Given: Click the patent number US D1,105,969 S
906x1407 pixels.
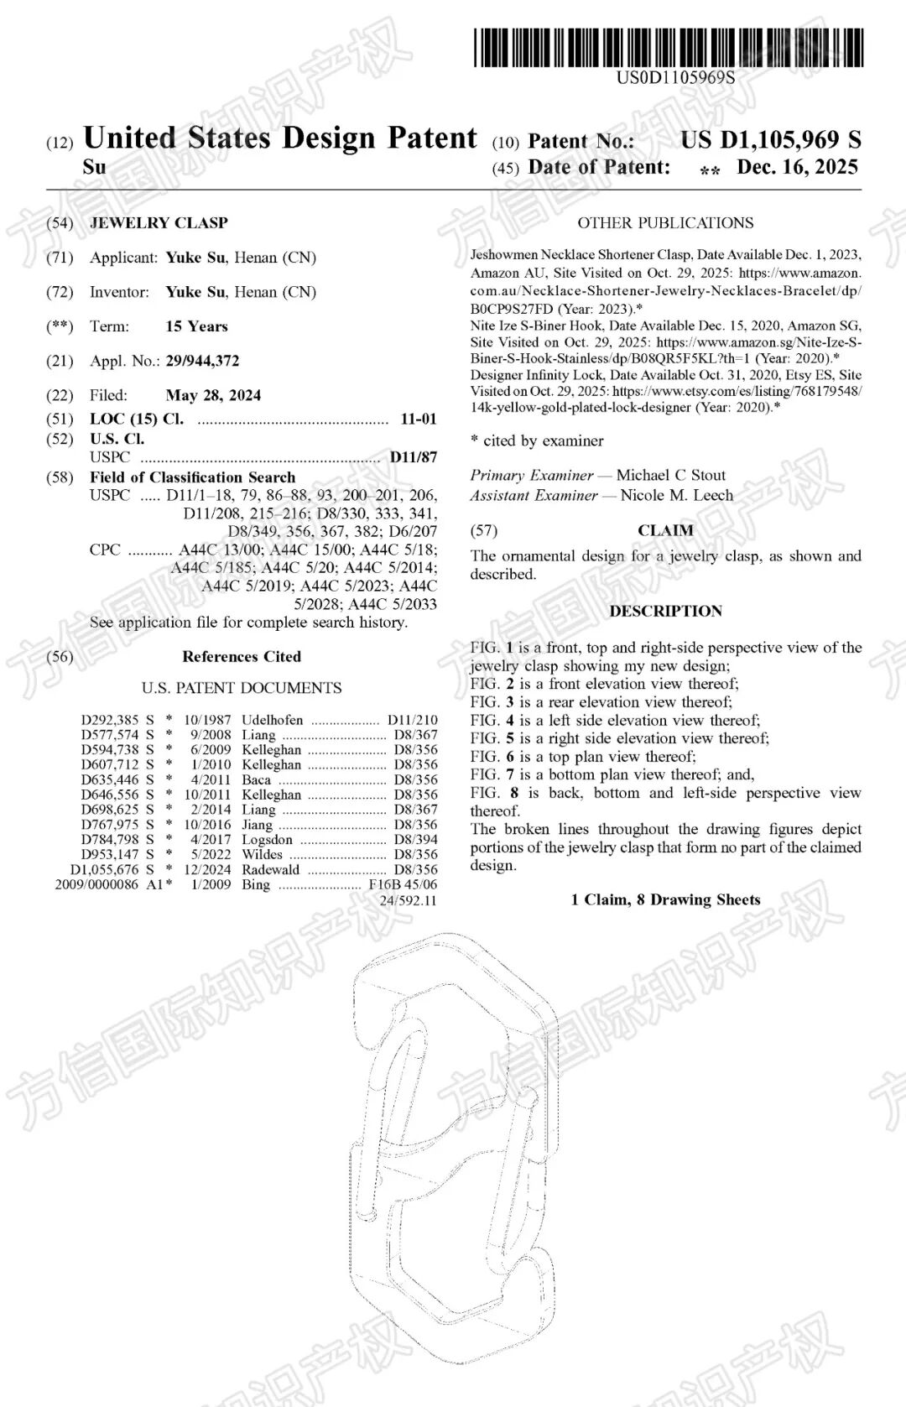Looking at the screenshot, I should tap(770, 140).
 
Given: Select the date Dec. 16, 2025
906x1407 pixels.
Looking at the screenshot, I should tap(797, 167).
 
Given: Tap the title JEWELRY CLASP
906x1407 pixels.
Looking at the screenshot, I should tap(159, 223).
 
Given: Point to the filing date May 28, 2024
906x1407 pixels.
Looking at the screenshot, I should tap(213, 395).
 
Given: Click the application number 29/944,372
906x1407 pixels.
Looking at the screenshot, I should tap(202, 361).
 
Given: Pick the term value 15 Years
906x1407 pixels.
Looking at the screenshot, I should tap(196, 326).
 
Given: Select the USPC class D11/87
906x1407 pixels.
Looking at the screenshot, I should tap(414, 457).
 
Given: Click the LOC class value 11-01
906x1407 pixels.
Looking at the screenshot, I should tap(419, 419).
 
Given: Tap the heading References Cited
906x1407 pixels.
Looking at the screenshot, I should tap(242, 657).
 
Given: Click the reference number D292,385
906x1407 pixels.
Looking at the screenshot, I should tap(110, 720).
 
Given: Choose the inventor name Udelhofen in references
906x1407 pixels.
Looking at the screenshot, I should tap(273, 720).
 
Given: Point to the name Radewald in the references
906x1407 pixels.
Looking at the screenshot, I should tap(270, 869).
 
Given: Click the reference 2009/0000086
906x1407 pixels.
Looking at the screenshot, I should tap(96, 884).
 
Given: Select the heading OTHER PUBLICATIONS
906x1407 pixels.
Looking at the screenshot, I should tap(665, 223).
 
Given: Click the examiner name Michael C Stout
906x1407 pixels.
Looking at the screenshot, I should tap(671, 475).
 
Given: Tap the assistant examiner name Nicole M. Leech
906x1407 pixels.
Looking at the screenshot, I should tap(676, 495).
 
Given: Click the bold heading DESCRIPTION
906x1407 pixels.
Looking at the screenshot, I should tap(665, 611).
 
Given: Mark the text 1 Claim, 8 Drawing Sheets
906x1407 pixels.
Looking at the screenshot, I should tap(665, 900).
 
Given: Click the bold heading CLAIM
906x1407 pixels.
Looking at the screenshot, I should tap(665, 530).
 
